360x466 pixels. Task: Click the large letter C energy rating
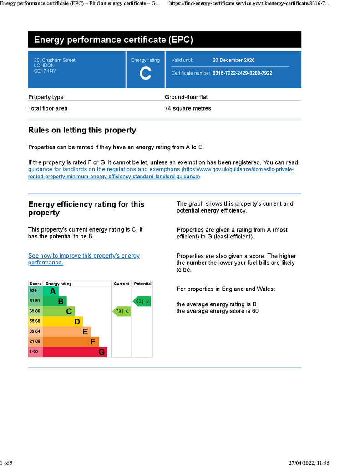point(145,73)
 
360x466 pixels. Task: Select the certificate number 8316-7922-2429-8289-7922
point(242,73)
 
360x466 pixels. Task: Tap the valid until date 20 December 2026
point(233,60)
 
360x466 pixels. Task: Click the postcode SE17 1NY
point(45,71)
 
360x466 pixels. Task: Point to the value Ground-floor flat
point(186,97)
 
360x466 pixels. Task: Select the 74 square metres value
point(188,108)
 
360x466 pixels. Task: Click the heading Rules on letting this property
point(82,130)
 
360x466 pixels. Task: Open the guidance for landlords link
point(105,170)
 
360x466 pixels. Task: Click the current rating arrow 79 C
point(122,311)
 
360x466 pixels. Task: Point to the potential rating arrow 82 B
point(142,301)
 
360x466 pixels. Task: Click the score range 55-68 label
point(35,321)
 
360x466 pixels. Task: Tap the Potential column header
point(142,284)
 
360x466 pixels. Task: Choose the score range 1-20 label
point(34,352)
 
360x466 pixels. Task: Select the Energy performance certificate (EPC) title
point(113,40)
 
